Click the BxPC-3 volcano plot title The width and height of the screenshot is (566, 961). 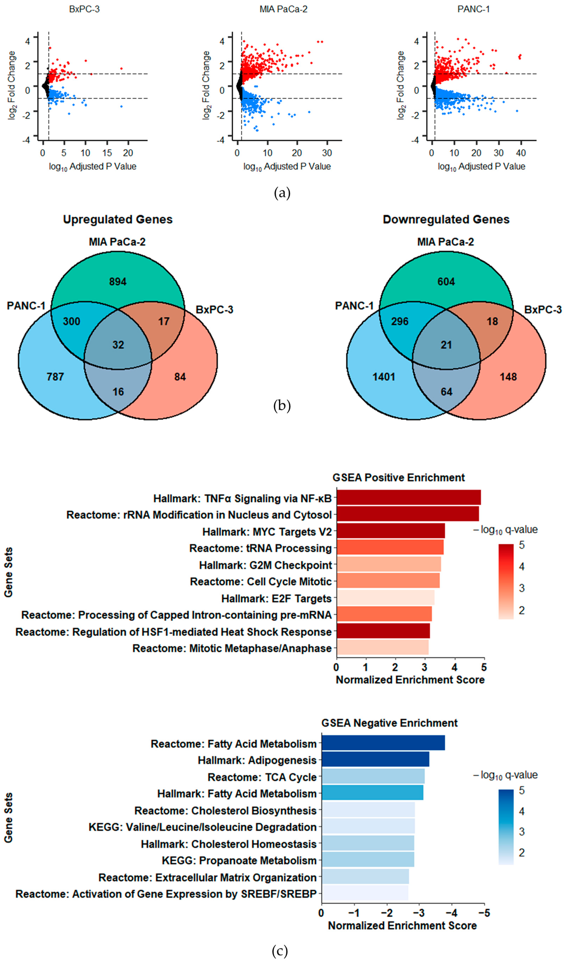pos(84,9)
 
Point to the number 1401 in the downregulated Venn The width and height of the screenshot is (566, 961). pos(384,377)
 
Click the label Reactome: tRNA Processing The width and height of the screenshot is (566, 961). pos(260,548)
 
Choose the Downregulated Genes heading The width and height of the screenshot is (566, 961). pos(446,220)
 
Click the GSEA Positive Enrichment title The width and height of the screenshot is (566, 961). pos(399,478)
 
